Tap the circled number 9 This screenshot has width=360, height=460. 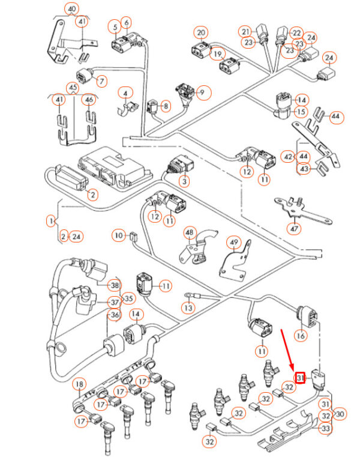coord(202,92)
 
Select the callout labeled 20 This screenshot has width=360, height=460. coord(201,32)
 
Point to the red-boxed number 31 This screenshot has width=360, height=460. coord(301,378)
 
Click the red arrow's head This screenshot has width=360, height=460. coord(292,368)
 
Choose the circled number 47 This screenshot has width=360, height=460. coord(295,228)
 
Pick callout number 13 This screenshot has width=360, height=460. coord(189,308)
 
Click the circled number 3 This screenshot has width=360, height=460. coord(185,181)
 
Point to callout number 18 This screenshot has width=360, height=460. coord(79,384)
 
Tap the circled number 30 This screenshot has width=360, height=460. coord(341,414)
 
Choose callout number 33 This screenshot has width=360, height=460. coord(325,429)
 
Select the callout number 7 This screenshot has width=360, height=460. coord(100,80)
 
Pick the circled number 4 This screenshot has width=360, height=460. coord(125,93)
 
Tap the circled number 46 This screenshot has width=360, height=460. coord(89,99)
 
